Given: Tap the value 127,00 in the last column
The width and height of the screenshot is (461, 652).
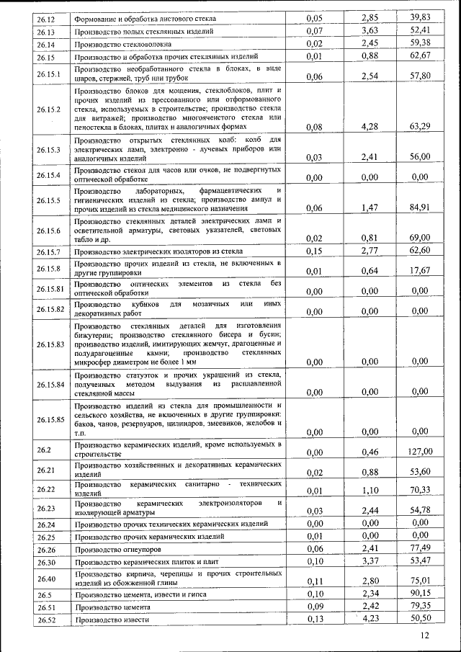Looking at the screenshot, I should [419, 452].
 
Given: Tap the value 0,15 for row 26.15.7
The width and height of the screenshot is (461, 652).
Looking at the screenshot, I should [314, 251].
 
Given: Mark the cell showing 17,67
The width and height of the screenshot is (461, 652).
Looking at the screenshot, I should [419, 271].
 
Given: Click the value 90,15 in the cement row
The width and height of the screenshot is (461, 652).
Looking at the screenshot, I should [419, 594].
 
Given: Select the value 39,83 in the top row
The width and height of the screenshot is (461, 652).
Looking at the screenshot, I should [419, 17].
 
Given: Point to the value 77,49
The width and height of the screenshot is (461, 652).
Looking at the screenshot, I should [419, 549].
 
